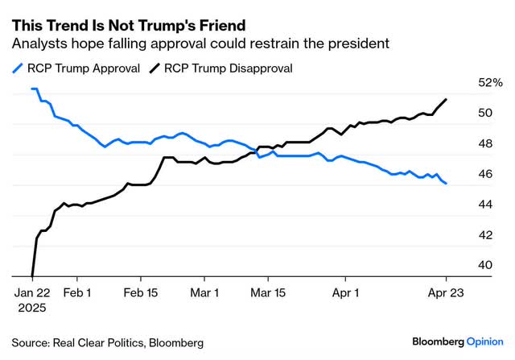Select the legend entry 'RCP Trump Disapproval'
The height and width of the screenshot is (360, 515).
click(230, 68)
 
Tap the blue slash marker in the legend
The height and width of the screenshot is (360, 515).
click(17, 68)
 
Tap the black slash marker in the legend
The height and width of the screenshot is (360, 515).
click(154, 68)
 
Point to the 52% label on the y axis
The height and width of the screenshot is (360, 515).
click(490, 83)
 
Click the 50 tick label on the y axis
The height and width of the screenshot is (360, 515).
click(485, 114)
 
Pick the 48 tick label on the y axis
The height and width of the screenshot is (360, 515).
click(485, 144)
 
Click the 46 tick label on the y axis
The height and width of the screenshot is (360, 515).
click(485, 174)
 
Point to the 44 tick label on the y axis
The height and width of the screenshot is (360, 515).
click(485, 205)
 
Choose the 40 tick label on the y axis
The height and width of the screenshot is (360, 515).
click(485, 265)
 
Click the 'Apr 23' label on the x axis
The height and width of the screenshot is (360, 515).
click(447, 294)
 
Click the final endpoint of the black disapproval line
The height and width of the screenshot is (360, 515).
click(447, 99)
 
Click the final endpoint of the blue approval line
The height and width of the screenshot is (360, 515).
click(447, 184)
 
